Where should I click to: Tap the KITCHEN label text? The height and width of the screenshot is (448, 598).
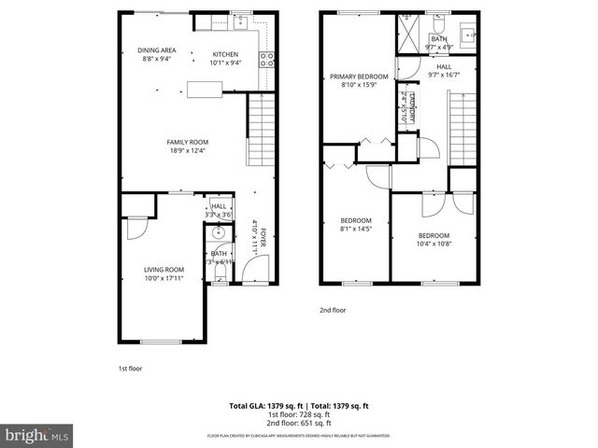click(x=226, y=53)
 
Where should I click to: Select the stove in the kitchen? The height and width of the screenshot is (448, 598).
click(x=267, y=60)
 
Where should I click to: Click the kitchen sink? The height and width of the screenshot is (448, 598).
click(x=240, y=20)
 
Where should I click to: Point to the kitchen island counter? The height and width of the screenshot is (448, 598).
click(x=204, y=90)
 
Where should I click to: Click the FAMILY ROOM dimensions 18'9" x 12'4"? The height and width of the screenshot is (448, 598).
click(x=186, y=150)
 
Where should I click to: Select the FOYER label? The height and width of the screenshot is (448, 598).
click(x=263, y=237)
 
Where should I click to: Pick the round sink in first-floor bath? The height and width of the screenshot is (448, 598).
click(x=218, y=234)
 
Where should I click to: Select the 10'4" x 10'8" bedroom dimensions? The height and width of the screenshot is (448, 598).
click(x=434, y=245)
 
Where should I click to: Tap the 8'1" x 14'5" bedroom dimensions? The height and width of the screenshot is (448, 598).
click(x=355, y=229)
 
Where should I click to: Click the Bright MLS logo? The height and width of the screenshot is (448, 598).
click(x=37, y=435)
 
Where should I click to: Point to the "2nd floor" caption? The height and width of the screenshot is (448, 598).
click(x=333, y=310)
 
